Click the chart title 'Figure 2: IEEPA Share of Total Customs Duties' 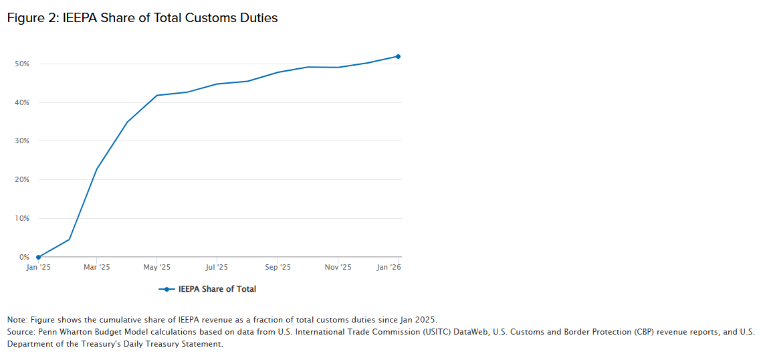[x=142, y=18]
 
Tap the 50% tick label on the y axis [x=23, y=64]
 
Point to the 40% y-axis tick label [x=23, y=102]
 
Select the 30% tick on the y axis [x=23, y=141]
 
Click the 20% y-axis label [x=23, y=180]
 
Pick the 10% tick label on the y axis [x=23, y=219]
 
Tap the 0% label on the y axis [x=25, y=257]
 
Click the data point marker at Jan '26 [x=398, y=56]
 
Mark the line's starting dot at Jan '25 [x=38, y=257]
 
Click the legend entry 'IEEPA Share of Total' [x=217, y=289]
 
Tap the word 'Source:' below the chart [x=21, y=332]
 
